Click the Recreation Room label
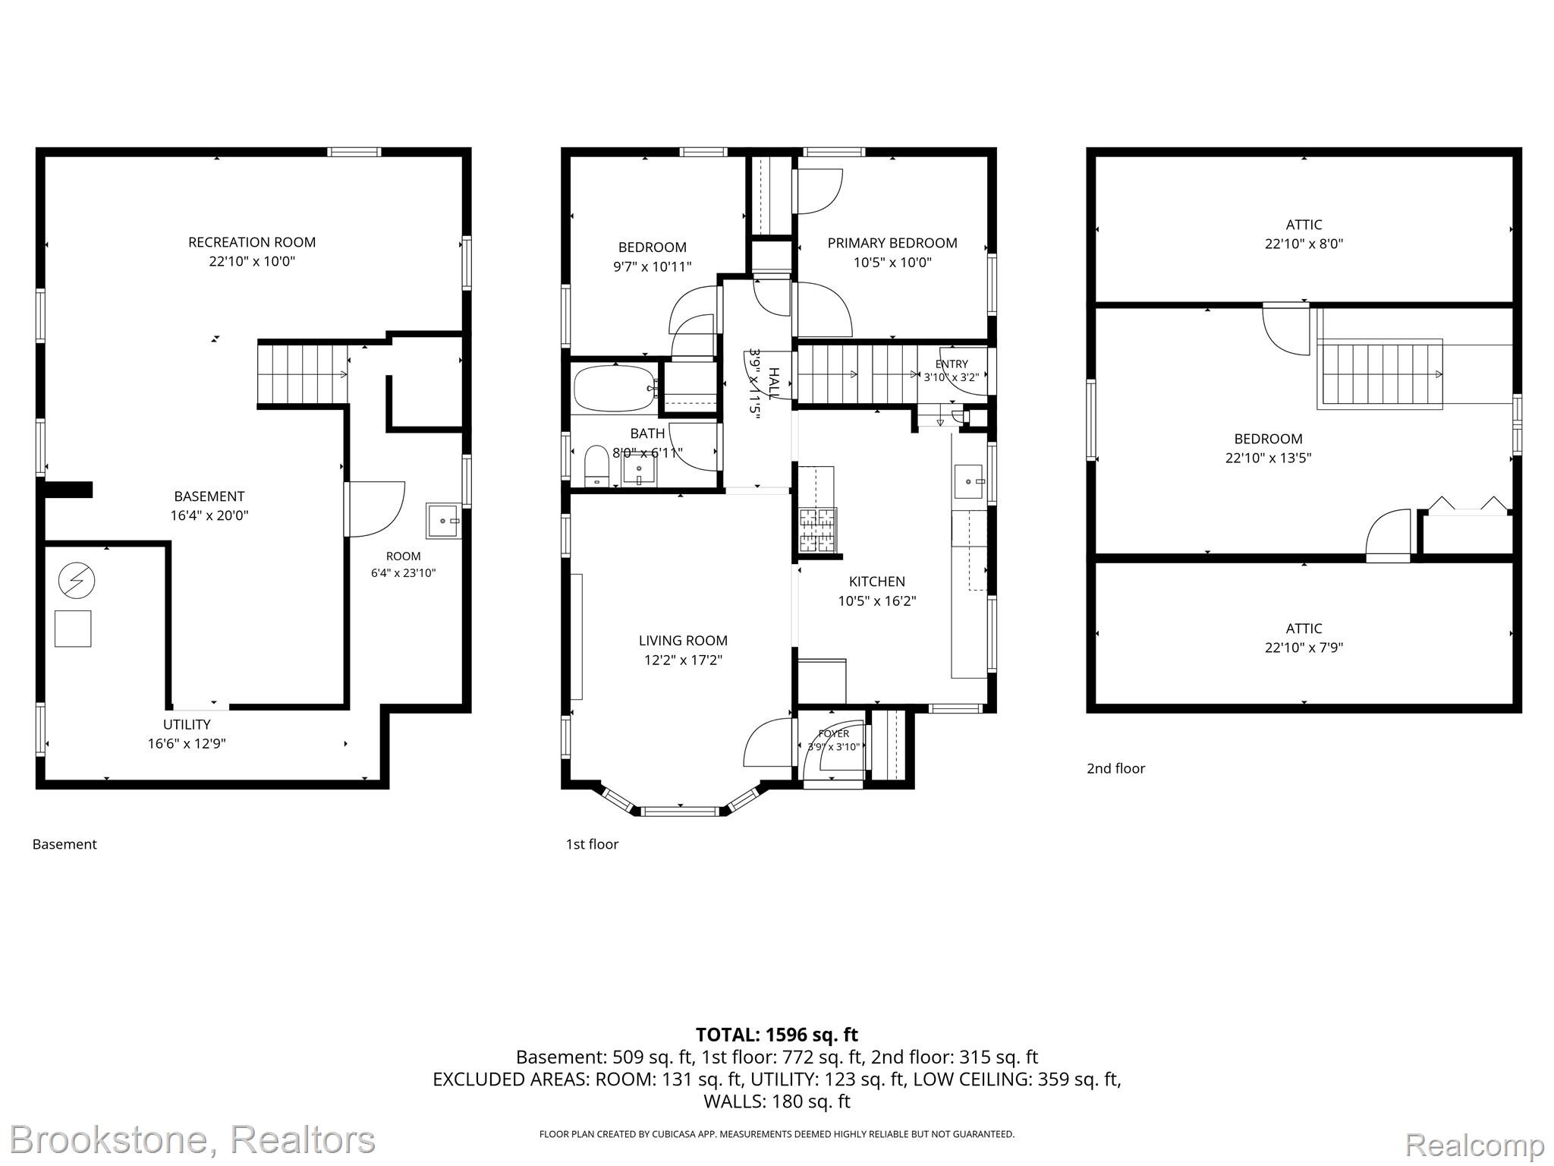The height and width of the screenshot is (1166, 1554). pyautogui.click(x=252, y=242)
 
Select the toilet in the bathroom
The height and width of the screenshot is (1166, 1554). pyautogui.click(x=596, y=465)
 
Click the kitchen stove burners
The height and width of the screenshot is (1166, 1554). pyautogui.click(x=817, y=529)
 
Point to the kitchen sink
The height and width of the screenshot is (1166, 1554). pyautogui.click(x=968, y=481)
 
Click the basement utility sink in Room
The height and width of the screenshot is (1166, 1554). pyautogui.click(x=444, y=522)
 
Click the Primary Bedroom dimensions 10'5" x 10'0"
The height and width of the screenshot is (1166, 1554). pyautogui.click(x=892, y=263)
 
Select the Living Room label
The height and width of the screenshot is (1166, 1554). pyautogui.click(x=683, y=641)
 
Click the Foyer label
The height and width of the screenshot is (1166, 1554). pyautogui.click(x=834, y=733)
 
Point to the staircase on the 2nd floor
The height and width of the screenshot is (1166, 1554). pyautogui.click(x=1379, y=374)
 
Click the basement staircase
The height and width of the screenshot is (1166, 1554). pyautogui.click(x=303, y=374)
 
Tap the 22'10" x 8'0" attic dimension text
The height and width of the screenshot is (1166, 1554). pyautogui.click(x=1304, y=244)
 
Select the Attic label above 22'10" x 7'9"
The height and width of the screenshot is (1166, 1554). pyautogui.click(x=1304, y=629)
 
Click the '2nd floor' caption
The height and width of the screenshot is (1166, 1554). pyautogui.click(x=1115, y=768)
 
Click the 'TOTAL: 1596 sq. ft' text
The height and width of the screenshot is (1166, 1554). pyautogui.click(x=777, y=1035)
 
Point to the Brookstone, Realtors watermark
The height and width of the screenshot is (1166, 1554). pyautogui.click(x=193, y=1140)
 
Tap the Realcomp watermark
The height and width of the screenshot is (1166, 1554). pyautogui.click(x=1475, y=1144)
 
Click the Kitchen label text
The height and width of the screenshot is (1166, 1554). pyautogui.click(x=876, y=581)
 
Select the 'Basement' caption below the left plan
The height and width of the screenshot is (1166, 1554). pyautogui.click(x=64, y=844)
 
